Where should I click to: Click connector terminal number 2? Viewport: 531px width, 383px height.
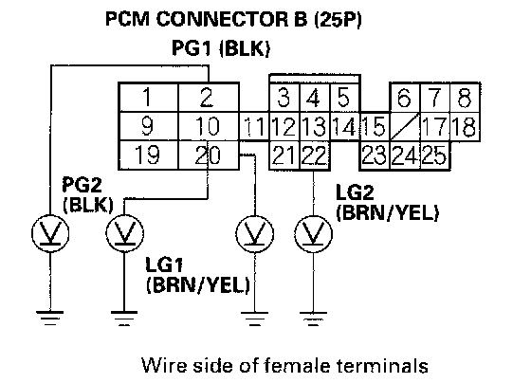click(208, 98)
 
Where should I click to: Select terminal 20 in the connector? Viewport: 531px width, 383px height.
click(208, 155)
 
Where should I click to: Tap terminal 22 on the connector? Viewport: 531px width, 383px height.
click(315, 155)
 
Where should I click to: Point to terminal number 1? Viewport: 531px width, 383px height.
click(148, 98)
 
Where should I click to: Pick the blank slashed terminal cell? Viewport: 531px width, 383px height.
click(405, 126)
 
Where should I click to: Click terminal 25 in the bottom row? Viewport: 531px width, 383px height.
click(435, 155)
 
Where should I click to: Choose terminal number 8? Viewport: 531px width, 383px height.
click(465, 98)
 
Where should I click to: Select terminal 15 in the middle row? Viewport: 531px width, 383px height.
click(375, 126)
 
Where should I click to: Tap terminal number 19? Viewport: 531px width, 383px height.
click(148, 155)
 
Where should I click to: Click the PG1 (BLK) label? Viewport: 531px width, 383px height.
click(221, 47)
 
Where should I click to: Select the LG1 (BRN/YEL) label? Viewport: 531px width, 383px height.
click(198, 275)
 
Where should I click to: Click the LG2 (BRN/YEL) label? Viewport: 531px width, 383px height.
click(387, 203)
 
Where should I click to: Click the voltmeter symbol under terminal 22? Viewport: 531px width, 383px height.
click(313, 233)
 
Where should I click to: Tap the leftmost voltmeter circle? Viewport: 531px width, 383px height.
click(50, 233)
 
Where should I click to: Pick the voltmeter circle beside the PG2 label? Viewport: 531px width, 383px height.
click(124, 233)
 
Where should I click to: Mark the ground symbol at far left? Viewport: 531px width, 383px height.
click(50, 319)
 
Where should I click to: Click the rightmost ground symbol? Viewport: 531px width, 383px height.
click(313, 319)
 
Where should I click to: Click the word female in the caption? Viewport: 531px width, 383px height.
click(296, 366)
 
